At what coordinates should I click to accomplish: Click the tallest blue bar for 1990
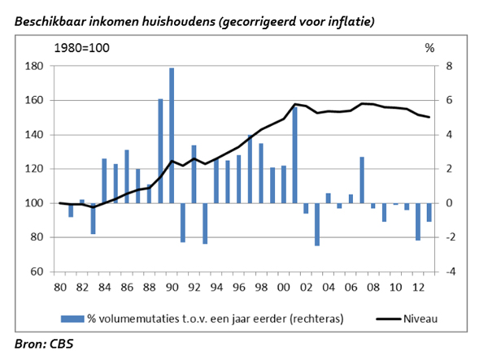172,135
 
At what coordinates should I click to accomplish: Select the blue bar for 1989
160,151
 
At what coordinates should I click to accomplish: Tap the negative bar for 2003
317,224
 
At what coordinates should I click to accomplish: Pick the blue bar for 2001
294,154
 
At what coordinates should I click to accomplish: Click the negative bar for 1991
183,223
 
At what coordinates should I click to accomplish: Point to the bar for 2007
362,180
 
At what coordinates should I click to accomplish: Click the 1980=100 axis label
81,48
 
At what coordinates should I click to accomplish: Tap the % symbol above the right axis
429,48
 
